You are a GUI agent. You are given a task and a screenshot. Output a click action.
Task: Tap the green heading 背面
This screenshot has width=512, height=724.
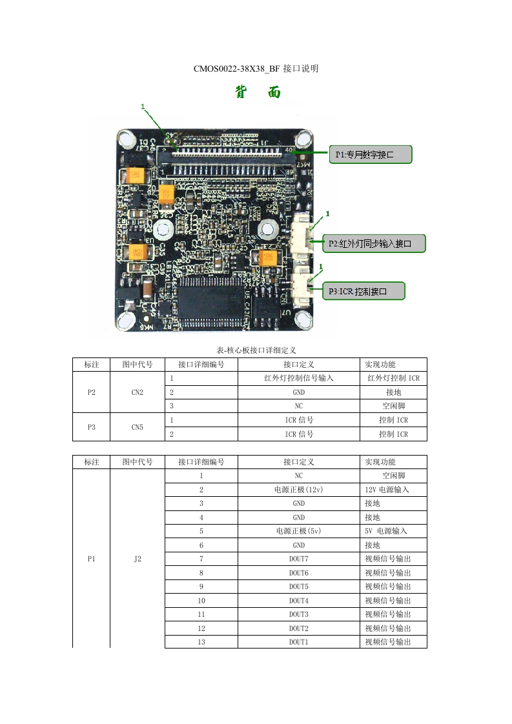pos(258,93)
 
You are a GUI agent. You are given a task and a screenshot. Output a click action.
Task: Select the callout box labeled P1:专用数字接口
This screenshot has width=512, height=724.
pos(371,154)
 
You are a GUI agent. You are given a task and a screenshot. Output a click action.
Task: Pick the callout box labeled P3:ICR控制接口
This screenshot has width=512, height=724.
pos(364,291)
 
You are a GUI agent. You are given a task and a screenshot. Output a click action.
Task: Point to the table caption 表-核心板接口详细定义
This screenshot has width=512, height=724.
pos(256,350)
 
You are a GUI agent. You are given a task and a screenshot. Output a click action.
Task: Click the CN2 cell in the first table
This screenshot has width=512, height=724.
pos(137,392)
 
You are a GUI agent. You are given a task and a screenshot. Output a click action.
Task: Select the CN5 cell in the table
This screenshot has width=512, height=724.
pos(137,427)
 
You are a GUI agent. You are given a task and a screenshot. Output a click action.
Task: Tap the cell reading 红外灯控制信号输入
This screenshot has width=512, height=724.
pos(298,378)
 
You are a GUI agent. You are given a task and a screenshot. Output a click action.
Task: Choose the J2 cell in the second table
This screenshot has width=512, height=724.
pos(137,559)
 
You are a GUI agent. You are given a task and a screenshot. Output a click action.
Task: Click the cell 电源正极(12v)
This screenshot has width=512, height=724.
pos(298,490)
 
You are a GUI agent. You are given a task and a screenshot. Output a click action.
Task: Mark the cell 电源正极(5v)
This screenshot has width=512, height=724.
pos(298,531)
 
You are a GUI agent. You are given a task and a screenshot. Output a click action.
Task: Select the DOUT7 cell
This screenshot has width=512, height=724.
pos(298,559)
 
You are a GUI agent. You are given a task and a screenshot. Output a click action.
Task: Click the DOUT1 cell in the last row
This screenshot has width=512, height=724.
pos(298,641)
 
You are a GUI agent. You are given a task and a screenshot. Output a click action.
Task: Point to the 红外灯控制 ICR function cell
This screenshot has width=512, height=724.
pos(393,378)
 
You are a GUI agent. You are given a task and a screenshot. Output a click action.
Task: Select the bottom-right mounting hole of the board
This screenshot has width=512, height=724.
pos(303,319)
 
